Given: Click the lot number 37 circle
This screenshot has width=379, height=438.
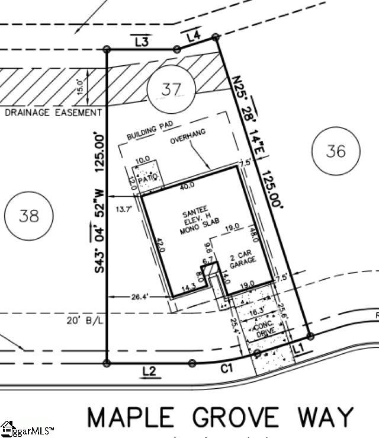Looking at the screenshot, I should click(x=171, y=90).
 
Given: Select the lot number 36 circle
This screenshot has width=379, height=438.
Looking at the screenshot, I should click(x=335, y=151).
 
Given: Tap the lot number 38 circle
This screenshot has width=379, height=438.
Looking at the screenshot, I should click(x=28, y=215).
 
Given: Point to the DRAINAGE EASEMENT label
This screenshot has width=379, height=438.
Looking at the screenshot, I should click(x=53, y=113).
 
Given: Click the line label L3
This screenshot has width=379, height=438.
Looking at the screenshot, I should click(x=141, y=42).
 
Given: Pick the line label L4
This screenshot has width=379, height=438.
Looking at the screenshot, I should click(x=194, y=37).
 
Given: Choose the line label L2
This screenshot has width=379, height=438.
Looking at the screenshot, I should click(x=149, y=372).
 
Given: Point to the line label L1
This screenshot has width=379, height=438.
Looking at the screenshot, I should click(x=298, y=350).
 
